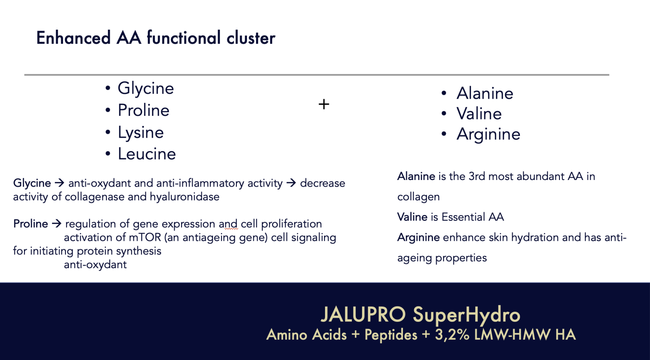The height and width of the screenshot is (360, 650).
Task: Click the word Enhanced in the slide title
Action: tap(74, 38)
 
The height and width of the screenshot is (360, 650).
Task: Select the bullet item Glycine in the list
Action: tap(146, 88)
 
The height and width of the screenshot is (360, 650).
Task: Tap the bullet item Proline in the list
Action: tap(144, 111)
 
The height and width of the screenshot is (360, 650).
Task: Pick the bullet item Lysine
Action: tap(141, 133)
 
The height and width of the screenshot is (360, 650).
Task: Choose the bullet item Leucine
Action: tap(147, 154)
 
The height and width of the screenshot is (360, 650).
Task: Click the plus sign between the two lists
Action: tap(324, 104)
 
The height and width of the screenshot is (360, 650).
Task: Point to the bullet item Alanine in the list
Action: tap(485, 93)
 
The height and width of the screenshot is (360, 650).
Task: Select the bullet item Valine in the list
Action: tap(479, 113)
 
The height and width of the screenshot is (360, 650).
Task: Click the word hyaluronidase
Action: tap(184, 197)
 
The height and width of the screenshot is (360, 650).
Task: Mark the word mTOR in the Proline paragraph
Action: tap(145, 237)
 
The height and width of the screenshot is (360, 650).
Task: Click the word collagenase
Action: tap(95, 197)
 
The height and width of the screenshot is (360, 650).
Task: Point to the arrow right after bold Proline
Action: tap(56, 223)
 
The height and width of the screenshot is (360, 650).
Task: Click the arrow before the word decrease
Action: tap(291, 183)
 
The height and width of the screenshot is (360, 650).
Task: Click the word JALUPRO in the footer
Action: tap(363, 314)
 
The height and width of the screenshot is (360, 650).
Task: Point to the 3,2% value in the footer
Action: tap(452, 335)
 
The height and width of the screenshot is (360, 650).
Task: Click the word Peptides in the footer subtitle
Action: tap(391, 335)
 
